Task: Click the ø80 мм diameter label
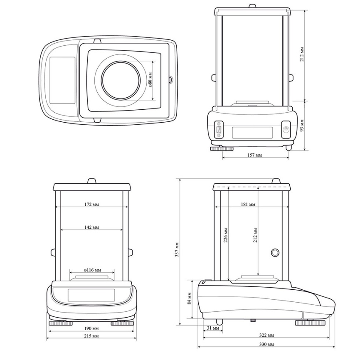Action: (150, 80)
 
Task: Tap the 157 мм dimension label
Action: (254, 155)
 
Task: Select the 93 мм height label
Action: (302, 125)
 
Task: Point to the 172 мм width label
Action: (91, 204)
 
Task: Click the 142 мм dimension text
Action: (91, 227)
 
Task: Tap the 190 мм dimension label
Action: (91, 328)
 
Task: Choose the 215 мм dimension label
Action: (91, 336)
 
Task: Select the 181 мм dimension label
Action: (248, 204)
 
